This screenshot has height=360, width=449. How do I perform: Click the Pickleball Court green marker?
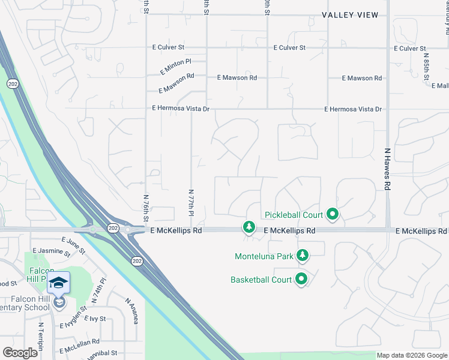(x=332, y=214)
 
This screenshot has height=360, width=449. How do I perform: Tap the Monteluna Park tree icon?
(x=303, y=256)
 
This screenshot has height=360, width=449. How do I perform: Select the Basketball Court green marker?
(x=301, y=279)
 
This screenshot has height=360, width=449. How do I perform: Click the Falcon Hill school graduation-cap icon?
(x=59, y=283)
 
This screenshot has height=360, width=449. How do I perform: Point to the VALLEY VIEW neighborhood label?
(x=350, y=15)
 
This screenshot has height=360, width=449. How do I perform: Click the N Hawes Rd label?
(x=388, y=169)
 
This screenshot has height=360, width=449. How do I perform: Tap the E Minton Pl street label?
(x=175, y=66)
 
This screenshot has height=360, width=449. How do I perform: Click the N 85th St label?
(x=426, y=70)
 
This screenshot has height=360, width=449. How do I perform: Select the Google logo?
(x=20, y=353)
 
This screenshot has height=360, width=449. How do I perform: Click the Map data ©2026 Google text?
(x=412, y=355)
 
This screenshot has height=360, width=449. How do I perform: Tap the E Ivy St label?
(x=95, y=319)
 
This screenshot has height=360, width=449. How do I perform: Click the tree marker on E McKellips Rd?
(x=249, y=227)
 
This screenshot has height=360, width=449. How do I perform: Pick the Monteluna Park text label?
(x=264, y=256)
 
